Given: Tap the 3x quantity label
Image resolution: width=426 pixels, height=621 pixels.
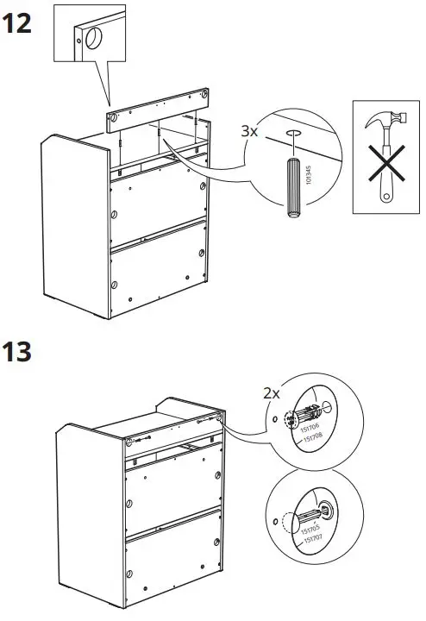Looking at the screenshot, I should click(249, 131).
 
